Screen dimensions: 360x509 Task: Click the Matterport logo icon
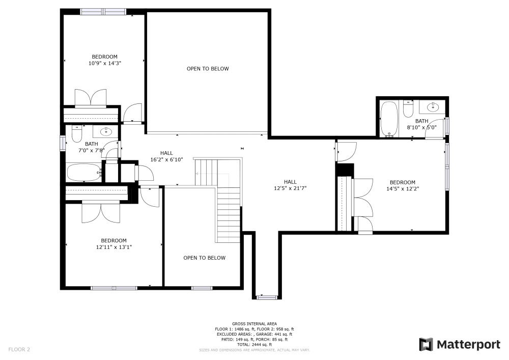point(426,344)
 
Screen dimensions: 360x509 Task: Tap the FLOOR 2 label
point(19,349)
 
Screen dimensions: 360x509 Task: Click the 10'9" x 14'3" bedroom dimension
point(104,63)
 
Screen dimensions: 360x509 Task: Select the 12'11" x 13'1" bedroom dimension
point(114,247)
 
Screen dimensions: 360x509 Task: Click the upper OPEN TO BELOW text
point(208,69)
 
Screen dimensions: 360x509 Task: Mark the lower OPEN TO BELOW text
point(204,258)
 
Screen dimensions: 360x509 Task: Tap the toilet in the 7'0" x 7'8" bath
point(77,134)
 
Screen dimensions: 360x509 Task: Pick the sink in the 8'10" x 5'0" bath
point(433,107)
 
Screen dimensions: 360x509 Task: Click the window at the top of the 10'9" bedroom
point(104,11)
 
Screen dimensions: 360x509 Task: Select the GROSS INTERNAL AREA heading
point(254,324)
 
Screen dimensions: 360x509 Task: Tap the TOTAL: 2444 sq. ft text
point(254,345)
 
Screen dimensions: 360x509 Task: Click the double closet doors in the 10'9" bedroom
point(91,98)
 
